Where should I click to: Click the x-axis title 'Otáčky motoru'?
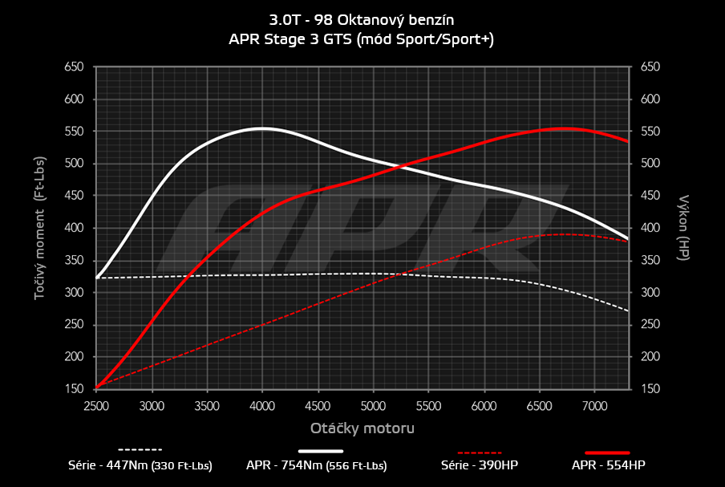362,428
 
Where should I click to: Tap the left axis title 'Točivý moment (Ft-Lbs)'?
38,229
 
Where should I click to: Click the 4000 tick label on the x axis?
262,407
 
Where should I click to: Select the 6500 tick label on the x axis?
539,407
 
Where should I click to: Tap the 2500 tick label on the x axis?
96,407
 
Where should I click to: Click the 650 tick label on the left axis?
74,67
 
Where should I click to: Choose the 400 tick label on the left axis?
74,228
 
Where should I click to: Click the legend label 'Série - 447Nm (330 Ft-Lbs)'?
140,465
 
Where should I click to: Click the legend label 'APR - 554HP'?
608,465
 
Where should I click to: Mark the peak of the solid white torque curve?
262,128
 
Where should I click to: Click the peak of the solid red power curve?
565,128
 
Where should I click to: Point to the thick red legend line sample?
607,453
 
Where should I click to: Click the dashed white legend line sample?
140,449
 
